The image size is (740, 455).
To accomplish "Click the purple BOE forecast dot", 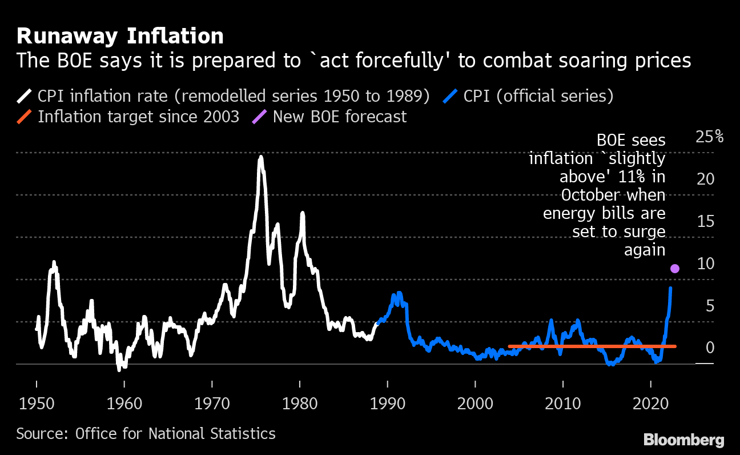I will point(675,269).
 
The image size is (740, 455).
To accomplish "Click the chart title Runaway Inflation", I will point(120,36).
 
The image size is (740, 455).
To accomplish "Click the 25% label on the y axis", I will point(710,137).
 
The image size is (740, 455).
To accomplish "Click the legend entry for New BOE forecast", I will point(339,117).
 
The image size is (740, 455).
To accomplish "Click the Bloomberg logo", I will point(683,440).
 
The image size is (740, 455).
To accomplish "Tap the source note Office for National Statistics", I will point(146,433).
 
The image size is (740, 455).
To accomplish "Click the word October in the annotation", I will point(595,195).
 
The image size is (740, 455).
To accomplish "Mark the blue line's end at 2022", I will point(670,288).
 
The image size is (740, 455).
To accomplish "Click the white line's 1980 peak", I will point(302,213).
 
